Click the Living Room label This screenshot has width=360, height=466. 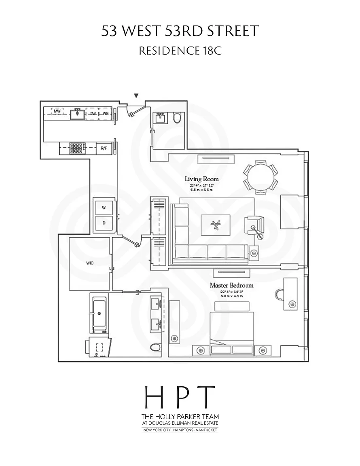pos(201,179)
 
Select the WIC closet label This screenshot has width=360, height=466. pos(90,263)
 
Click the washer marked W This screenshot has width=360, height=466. pos(104,208)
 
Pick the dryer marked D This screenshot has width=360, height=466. pos(104,223)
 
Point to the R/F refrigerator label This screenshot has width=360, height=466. pos(104,148)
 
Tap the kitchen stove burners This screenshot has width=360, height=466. pos(76,148)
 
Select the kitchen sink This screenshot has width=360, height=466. pos(77,114)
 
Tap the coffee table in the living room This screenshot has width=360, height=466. pos(216,225)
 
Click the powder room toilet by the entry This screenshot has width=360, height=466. pos(177,118)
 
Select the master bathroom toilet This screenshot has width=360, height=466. pos(155,347)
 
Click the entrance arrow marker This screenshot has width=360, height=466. pos(136,95)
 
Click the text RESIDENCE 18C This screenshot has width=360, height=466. pos(180,51)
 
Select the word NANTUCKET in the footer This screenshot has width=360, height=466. pos(206,430)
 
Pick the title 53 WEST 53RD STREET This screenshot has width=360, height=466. pos(180,31)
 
